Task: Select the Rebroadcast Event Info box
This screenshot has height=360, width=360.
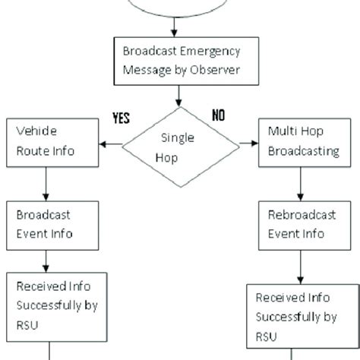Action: (x=303, y=226)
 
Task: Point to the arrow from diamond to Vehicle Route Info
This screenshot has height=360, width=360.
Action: (x=112, y=143)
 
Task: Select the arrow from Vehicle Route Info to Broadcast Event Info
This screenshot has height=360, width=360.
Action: (x=47, y=185)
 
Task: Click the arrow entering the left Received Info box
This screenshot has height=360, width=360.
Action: (x=47, y=267)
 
